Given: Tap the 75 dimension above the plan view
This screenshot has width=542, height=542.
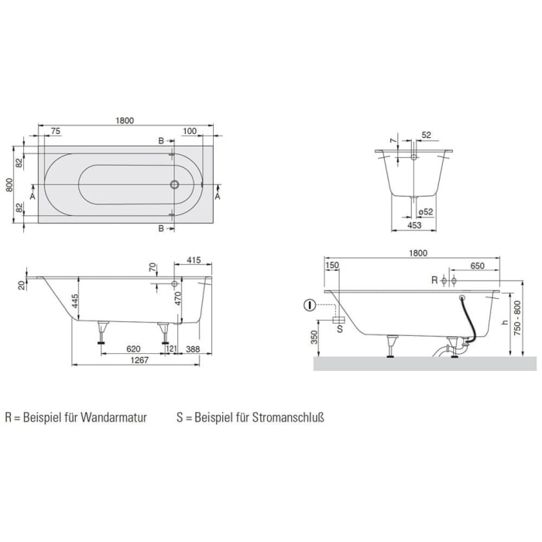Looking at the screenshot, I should [56, 132].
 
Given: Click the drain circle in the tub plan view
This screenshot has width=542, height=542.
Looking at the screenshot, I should [175, 185].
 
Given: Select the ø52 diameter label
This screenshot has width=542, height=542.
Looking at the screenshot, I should [424, 212].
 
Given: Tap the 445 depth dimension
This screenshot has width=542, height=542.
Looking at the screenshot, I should [75, 300].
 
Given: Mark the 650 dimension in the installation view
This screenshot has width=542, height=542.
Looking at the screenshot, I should [477, 266].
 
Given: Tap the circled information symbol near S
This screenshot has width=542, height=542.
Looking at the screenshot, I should [310, 304].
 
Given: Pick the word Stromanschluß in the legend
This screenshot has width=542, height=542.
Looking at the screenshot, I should [288, 417].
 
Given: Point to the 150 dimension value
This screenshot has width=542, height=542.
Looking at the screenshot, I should [333, 266].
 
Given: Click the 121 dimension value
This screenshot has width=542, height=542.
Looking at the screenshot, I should [171, 349].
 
